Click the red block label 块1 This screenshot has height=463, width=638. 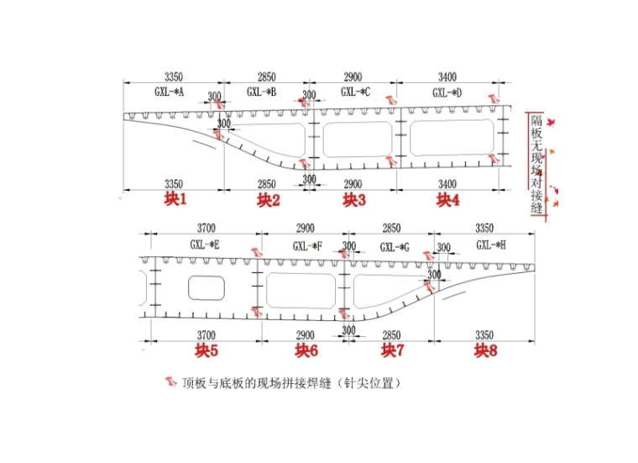[175, 199]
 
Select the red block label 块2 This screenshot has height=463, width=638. [268, 199]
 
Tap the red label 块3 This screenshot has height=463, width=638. [354, 199]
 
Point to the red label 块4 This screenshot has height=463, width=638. [447, 199]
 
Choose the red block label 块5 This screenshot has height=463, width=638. [207, 350]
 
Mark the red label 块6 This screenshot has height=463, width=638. [306, 350]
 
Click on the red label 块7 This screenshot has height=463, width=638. [393, 350]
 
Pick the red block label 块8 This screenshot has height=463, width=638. [485, 350]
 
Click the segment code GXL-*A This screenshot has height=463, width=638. [169, 91]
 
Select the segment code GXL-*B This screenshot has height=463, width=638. [262, 91]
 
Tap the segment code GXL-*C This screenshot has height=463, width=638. [355, 91]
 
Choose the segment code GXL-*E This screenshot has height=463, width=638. [205, 245]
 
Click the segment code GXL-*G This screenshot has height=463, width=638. [394, 246]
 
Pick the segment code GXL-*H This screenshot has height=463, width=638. [490, 245]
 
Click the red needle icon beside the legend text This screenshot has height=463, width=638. [170, 382]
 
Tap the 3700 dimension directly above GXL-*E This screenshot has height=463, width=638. [205, 229]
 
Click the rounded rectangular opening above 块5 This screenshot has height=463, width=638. [206, 288]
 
